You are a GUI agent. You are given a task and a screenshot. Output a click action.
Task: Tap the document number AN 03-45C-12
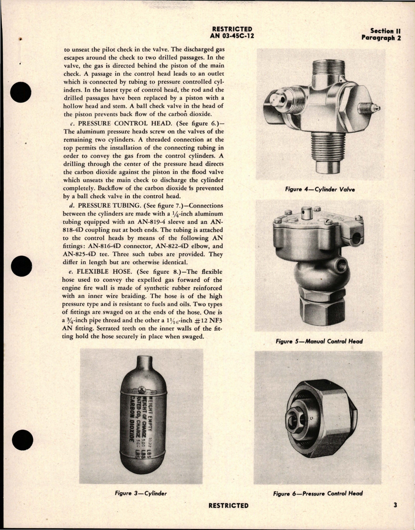232,36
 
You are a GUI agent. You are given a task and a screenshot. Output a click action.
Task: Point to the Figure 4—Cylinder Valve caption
320,189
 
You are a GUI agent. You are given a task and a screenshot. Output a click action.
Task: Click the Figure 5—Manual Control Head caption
319,341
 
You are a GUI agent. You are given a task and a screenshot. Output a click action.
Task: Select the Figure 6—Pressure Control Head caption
318,493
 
